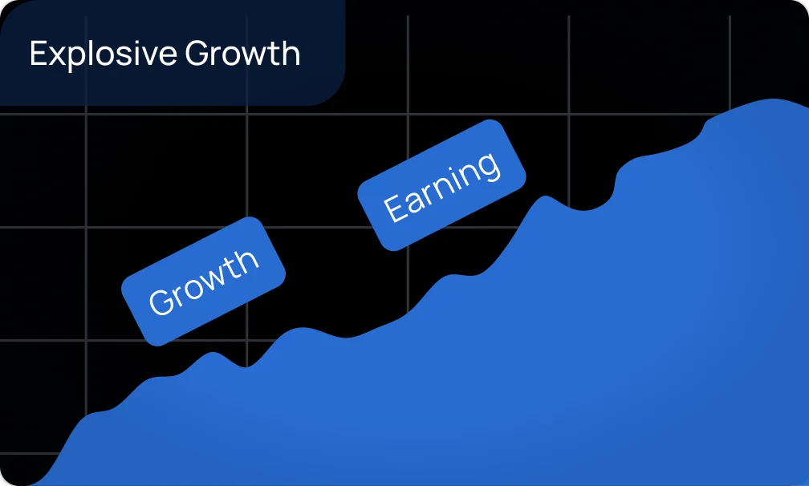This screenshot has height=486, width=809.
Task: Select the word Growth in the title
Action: tap(242, 53)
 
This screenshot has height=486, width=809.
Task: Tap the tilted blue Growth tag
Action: tap(203, 281)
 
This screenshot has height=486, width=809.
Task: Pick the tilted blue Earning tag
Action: tap(441, 185)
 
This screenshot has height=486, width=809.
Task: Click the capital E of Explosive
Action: tap(39, 53)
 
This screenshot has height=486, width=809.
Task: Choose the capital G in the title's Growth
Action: tap(197, 53)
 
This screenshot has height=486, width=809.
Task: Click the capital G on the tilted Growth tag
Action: tap(161, 301)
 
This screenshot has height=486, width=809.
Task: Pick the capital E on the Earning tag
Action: tap(395, 208)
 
